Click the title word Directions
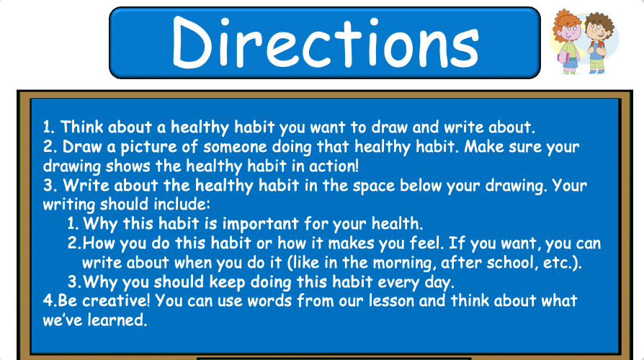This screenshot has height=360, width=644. coord(325,42)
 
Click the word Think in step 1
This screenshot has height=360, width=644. coord(81,127)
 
